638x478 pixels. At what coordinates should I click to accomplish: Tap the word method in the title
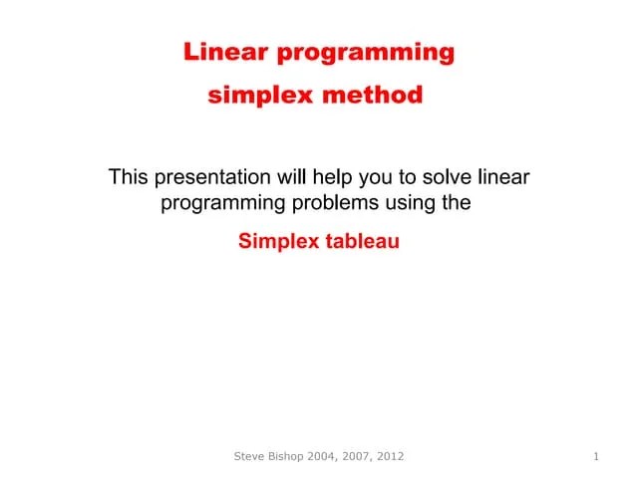pos(380,96)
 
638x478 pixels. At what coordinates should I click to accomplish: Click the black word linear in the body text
pos(503,178)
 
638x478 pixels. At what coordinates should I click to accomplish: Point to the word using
pos(408,205)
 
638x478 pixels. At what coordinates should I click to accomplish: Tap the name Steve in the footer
pos(250,456)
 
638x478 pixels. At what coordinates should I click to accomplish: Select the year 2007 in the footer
pos(372,456)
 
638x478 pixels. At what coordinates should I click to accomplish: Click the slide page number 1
pos(595,456)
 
